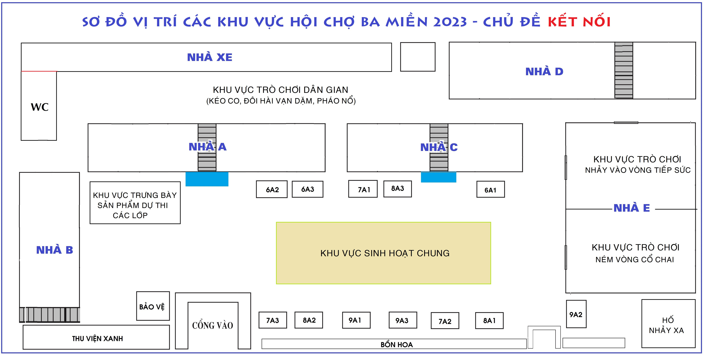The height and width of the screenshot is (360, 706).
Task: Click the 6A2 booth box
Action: click(x=272, y=189)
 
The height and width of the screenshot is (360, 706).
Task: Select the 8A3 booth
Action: click(x=397, y=189)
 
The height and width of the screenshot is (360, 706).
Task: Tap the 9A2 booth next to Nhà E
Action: click(x=576, y=314)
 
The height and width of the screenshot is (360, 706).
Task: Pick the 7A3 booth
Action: click(x=273, y=320)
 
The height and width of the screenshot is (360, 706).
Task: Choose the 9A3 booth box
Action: click(x=403, y=320)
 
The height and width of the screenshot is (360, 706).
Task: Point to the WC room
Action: click(x=39, y=106)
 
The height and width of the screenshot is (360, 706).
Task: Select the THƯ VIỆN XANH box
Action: click(x=96, y=337)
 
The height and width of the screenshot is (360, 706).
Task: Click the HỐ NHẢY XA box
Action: click(x=668, y=323)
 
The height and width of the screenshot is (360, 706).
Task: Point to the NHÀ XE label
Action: click(x=210, y=57)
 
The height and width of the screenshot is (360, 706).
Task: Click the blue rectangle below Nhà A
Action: click(x=207, y=179)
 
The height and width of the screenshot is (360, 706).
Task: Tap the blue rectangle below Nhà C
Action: click(x=438, y=177)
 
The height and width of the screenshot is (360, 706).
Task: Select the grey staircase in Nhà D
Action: click(x=624, y=70)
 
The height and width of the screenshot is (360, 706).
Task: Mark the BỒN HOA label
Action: click(x=397, y=345)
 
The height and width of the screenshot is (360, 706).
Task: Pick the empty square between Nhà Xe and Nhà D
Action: click(x=418, y=57)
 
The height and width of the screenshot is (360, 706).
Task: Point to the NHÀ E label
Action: click(x=632, y=208)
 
